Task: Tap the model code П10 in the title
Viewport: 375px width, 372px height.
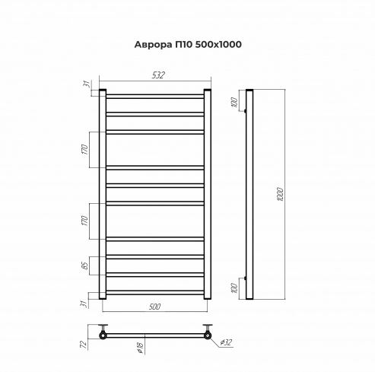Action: click(x=183, y=43)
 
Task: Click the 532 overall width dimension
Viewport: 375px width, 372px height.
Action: click(x=157, y=75)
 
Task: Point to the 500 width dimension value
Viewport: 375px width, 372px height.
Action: click(x=154, y=307)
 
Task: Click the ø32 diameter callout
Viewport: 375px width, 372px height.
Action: click(x=227, y=345)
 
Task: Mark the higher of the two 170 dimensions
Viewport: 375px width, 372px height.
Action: click(x=85, y=148)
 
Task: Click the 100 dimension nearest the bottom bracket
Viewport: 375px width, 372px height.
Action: click(x=234, y=285)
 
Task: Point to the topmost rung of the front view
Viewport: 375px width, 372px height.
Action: click(x=154, y=95)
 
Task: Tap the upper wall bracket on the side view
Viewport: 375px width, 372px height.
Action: click(x=245, y=113)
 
